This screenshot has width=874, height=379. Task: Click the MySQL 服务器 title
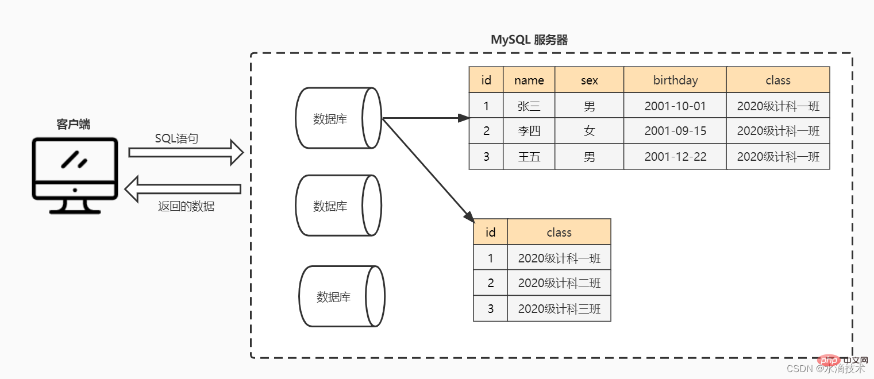pyautogui.click(x=529, y=40)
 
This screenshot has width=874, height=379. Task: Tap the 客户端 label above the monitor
pyautogui.click(x=73, y=124)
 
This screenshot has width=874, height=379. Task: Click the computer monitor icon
pyautogui.click(x=75, y=175)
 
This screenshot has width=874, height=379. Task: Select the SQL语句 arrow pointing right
pyautogui.click(x=186, y=152)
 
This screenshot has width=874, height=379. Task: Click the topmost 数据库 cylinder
pyautogui.click(x=338, y=118)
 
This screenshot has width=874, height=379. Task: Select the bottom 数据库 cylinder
pyautogui.click(x=341, y=297)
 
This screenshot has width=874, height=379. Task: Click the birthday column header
pyautogui.click(x=675, y=80)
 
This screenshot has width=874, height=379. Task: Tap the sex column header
pyautogui.click(x=589, y=80)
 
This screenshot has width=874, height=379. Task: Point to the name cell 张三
pyautogui.click(x=529, y=106)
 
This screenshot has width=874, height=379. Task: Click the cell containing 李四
pyautogui.click(x=529, y=131)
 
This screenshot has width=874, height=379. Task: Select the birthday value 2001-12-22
pyautogui.click(x=675, y=157)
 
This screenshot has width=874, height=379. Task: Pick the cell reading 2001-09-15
pyautogui.click(x=675, y=131)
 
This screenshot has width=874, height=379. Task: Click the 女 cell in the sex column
pyautogui.click(x=589, y=131)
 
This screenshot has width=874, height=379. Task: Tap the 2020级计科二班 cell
pyautogui.click(x=559, y=283)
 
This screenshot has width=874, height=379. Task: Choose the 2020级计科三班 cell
pyautogui.click(x=559, y=309)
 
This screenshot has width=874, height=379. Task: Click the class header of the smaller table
pyautogui.click(x=559, y=233)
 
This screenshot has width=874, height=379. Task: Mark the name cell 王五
pyautogui.click(x=529, y=157)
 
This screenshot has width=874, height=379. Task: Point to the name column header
pyautogui.click(x=529, y=80)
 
